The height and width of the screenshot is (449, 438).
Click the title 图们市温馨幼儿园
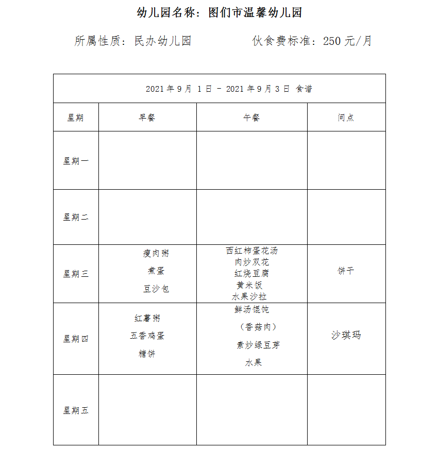(x=255, y=13)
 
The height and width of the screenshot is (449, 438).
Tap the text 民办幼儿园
(x=162, y=41)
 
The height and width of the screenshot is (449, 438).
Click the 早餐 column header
(x=147, y=118)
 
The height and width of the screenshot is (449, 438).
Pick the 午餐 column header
(x=251, y=118)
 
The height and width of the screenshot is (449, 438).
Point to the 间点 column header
(x=346, y=118)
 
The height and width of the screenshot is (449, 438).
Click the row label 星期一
(x=76, y=161)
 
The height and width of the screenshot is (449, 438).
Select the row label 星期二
(x=76, y=217)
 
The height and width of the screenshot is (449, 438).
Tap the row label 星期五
(x=76, y=410)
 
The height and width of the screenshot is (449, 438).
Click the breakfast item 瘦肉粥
(x=156, y=253)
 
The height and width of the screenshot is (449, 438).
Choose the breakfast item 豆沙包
(x=156, y=289)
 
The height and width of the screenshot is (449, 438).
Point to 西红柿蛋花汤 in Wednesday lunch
(x=251, y=251)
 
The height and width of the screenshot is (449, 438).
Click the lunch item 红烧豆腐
(x=251, y=273)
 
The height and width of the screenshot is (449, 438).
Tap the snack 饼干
(x=346, y=271)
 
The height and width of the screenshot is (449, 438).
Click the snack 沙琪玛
(x=346, y=335)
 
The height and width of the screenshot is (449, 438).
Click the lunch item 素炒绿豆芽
(x=258, y=345)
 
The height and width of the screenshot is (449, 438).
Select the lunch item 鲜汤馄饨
(x=251, y=309)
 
